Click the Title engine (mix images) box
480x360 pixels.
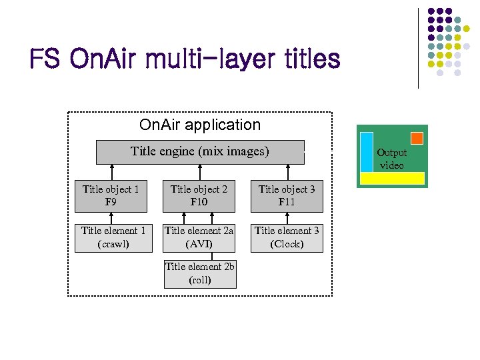point(200,151)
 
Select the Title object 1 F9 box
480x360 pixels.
point(111,195)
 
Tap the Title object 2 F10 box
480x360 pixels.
point(199,195)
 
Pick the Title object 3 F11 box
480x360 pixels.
point(287,195)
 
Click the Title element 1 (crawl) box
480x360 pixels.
point(113,237)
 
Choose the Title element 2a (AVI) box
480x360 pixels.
point(199,237)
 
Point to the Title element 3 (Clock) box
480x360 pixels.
point(287,237)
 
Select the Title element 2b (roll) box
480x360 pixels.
point(200,273)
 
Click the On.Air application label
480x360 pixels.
point(200,125)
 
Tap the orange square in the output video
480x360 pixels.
point(417,138)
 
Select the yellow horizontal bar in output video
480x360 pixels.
point(392,178)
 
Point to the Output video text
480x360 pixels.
point(392,159)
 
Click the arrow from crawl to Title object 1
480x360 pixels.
point(111,216)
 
